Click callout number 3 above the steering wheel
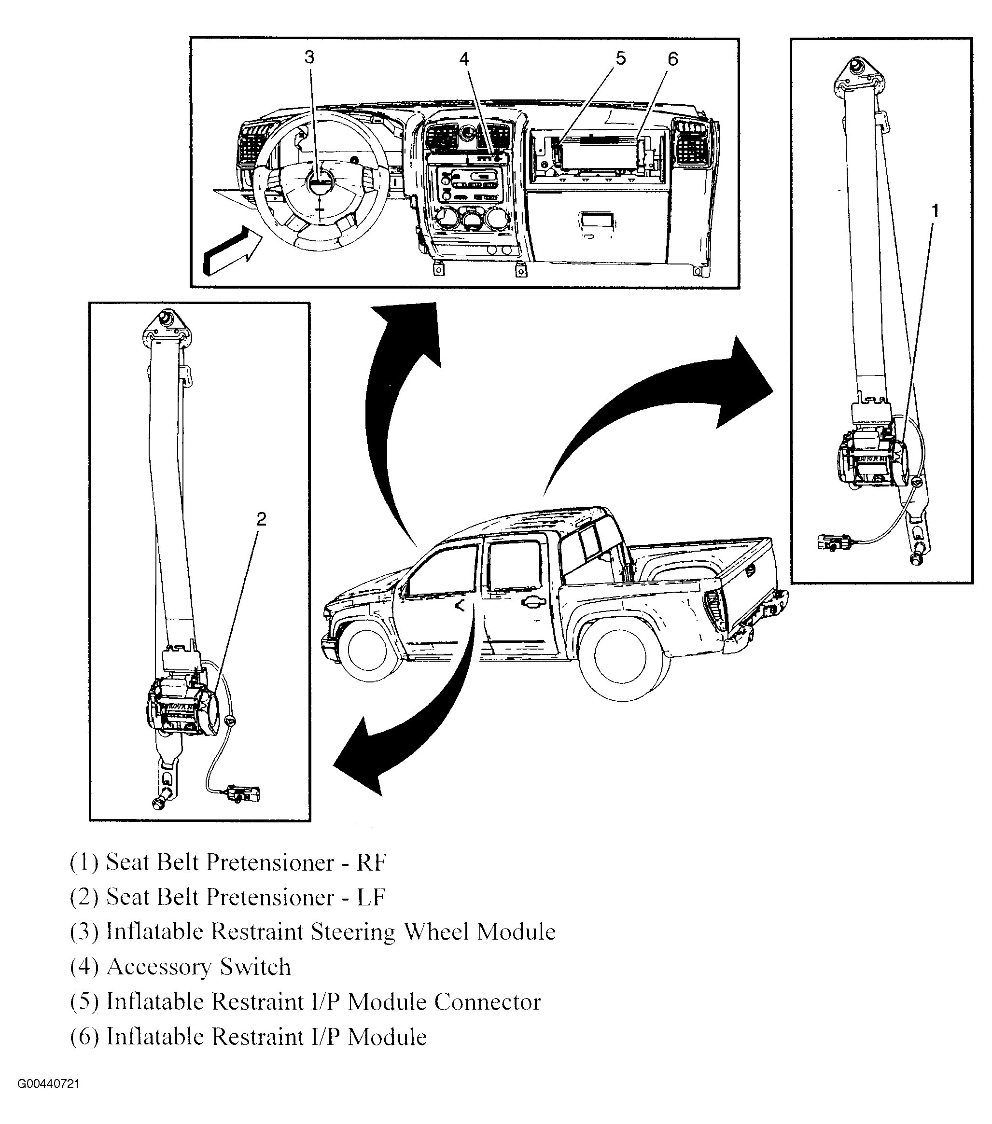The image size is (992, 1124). (x=309, y=57)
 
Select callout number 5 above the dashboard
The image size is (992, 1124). (x=621, y=58)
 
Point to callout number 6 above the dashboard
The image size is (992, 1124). (x=673, y=59)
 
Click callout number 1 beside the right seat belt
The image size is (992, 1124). (x=935, y=210)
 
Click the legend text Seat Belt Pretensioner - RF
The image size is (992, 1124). (x=229, y=862)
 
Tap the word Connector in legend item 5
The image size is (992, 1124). (x=487, y=1002)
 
